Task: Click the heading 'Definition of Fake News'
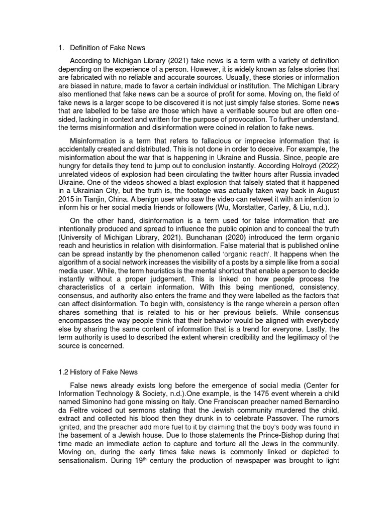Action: point(108,48)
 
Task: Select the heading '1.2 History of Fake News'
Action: point(99,372)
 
